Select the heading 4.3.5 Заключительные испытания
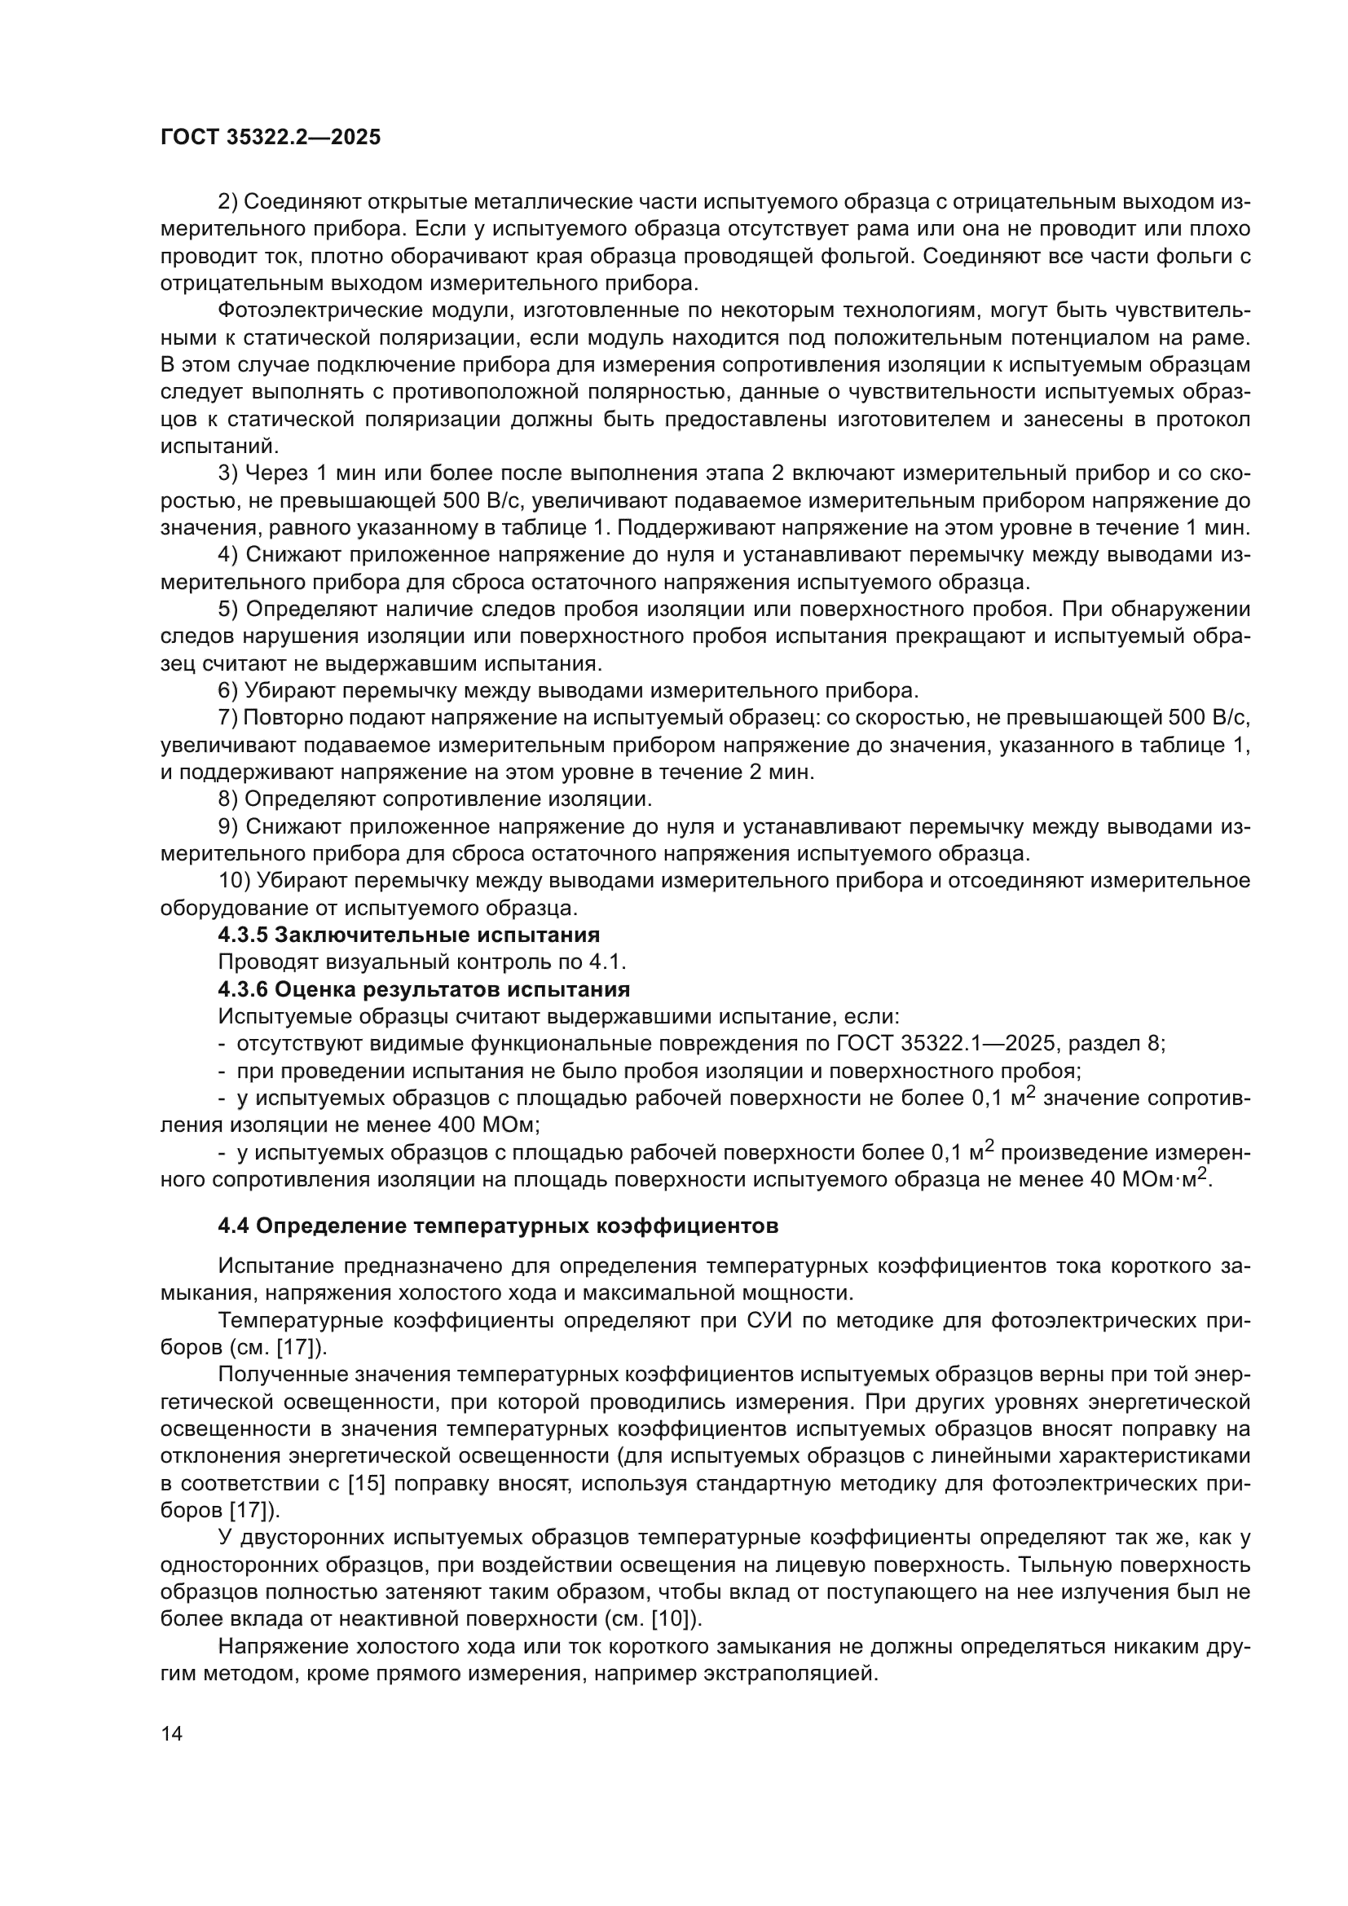(x=408, y=935)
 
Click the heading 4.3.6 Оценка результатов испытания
(x=423, y=989)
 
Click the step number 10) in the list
(x=234, y=881)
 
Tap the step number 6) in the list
(x=228, y=691)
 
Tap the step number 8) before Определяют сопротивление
(x=228, y=799)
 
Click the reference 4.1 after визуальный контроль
(x=610, y=962)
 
